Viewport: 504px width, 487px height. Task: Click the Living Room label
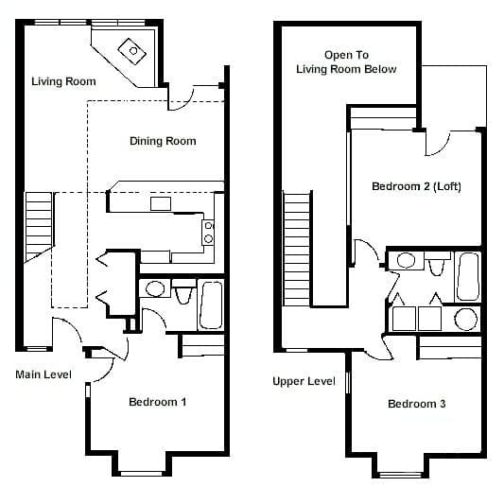[x=63, y=82]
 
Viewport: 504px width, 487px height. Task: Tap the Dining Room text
[x=163, y=142]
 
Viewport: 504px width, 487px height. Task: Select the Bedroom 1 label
[x=157, y=402]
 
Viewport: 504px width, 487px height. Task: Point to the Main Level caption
[x=43, y=374]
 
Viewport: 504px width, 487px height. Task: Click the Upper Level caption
[x=304, y=381]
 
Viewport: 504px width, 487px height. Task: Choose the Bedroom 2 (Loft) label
[x=416, y=186]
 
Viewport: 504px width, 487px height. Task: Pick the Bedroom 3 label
[x=416, y=404]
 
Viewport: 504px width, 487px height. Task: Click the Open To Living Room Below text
[x=346, y=62]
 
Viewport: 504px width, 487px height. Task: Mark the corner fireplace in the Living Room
[x=128, y=47]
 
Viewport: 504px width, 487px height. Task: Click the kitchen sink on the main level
[x=161, y=201]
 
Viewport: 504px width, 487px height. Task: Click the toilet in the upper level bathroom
[x=436, y=262]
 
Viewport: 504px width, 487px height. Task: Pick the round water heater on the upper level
[x=465, y=318]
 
